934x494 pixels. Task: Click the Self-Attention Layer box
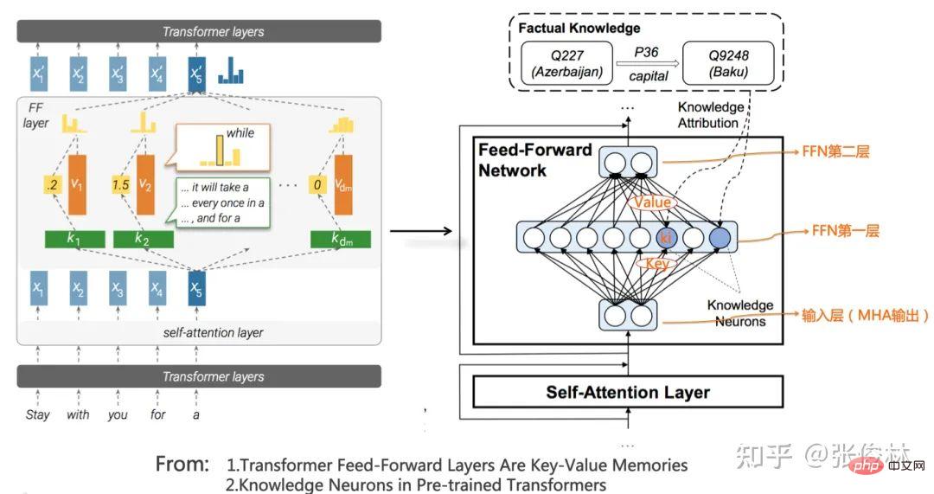[628, 392]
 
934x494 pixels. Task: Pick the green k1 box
[74, 239]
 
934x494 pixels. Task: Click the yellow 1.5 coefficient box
[121, 185]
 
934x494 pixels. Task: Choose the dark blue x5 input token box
[198, 288]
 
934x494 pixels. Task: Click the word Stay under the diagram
[38, 414]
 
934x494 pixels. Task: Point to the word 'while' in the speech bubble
[240, 133]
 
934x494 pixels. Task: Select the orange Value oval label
[652, 203]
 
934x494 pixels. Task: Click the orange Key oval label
[656, 265]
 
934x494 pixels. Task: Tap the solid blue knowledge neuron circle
[720, 236]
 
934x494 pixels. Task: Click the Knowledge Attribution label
[710, 115]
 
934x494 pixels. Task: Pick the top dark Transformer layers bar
[199, 32]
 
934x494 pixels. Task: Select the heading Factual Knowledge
[579, 29]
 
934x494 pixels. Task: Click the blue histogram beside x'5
[230, 72]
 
